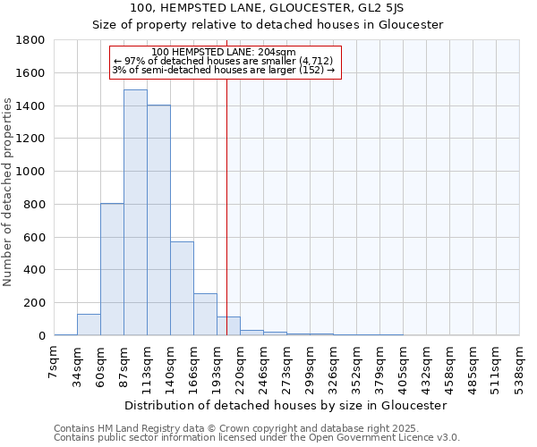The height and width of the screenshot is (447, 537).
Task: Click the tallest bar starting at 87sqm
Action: click(135, 213)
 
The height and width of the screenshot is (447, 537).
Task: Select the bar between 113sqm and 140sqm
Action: click(158, 220)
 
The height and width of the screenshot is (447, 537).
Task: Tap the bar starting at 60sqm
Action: click(112, 269)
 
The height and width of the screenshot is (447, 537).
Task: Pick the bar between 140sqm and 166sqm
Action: click(182, 288)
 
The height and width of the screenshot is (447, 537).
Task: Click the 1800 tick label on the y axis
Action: click(31, 40)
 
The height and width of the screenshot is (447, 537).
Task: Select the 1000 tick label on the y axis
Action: click(31, 172)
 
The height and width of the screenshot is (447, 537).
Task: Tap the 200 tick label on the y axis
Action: click(35, 303)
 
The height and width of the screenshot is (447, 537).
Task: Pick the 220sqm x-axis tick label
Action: click(241, 364)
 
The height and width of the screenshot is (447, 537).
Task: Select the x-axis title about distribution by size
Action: click(286, 405)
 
